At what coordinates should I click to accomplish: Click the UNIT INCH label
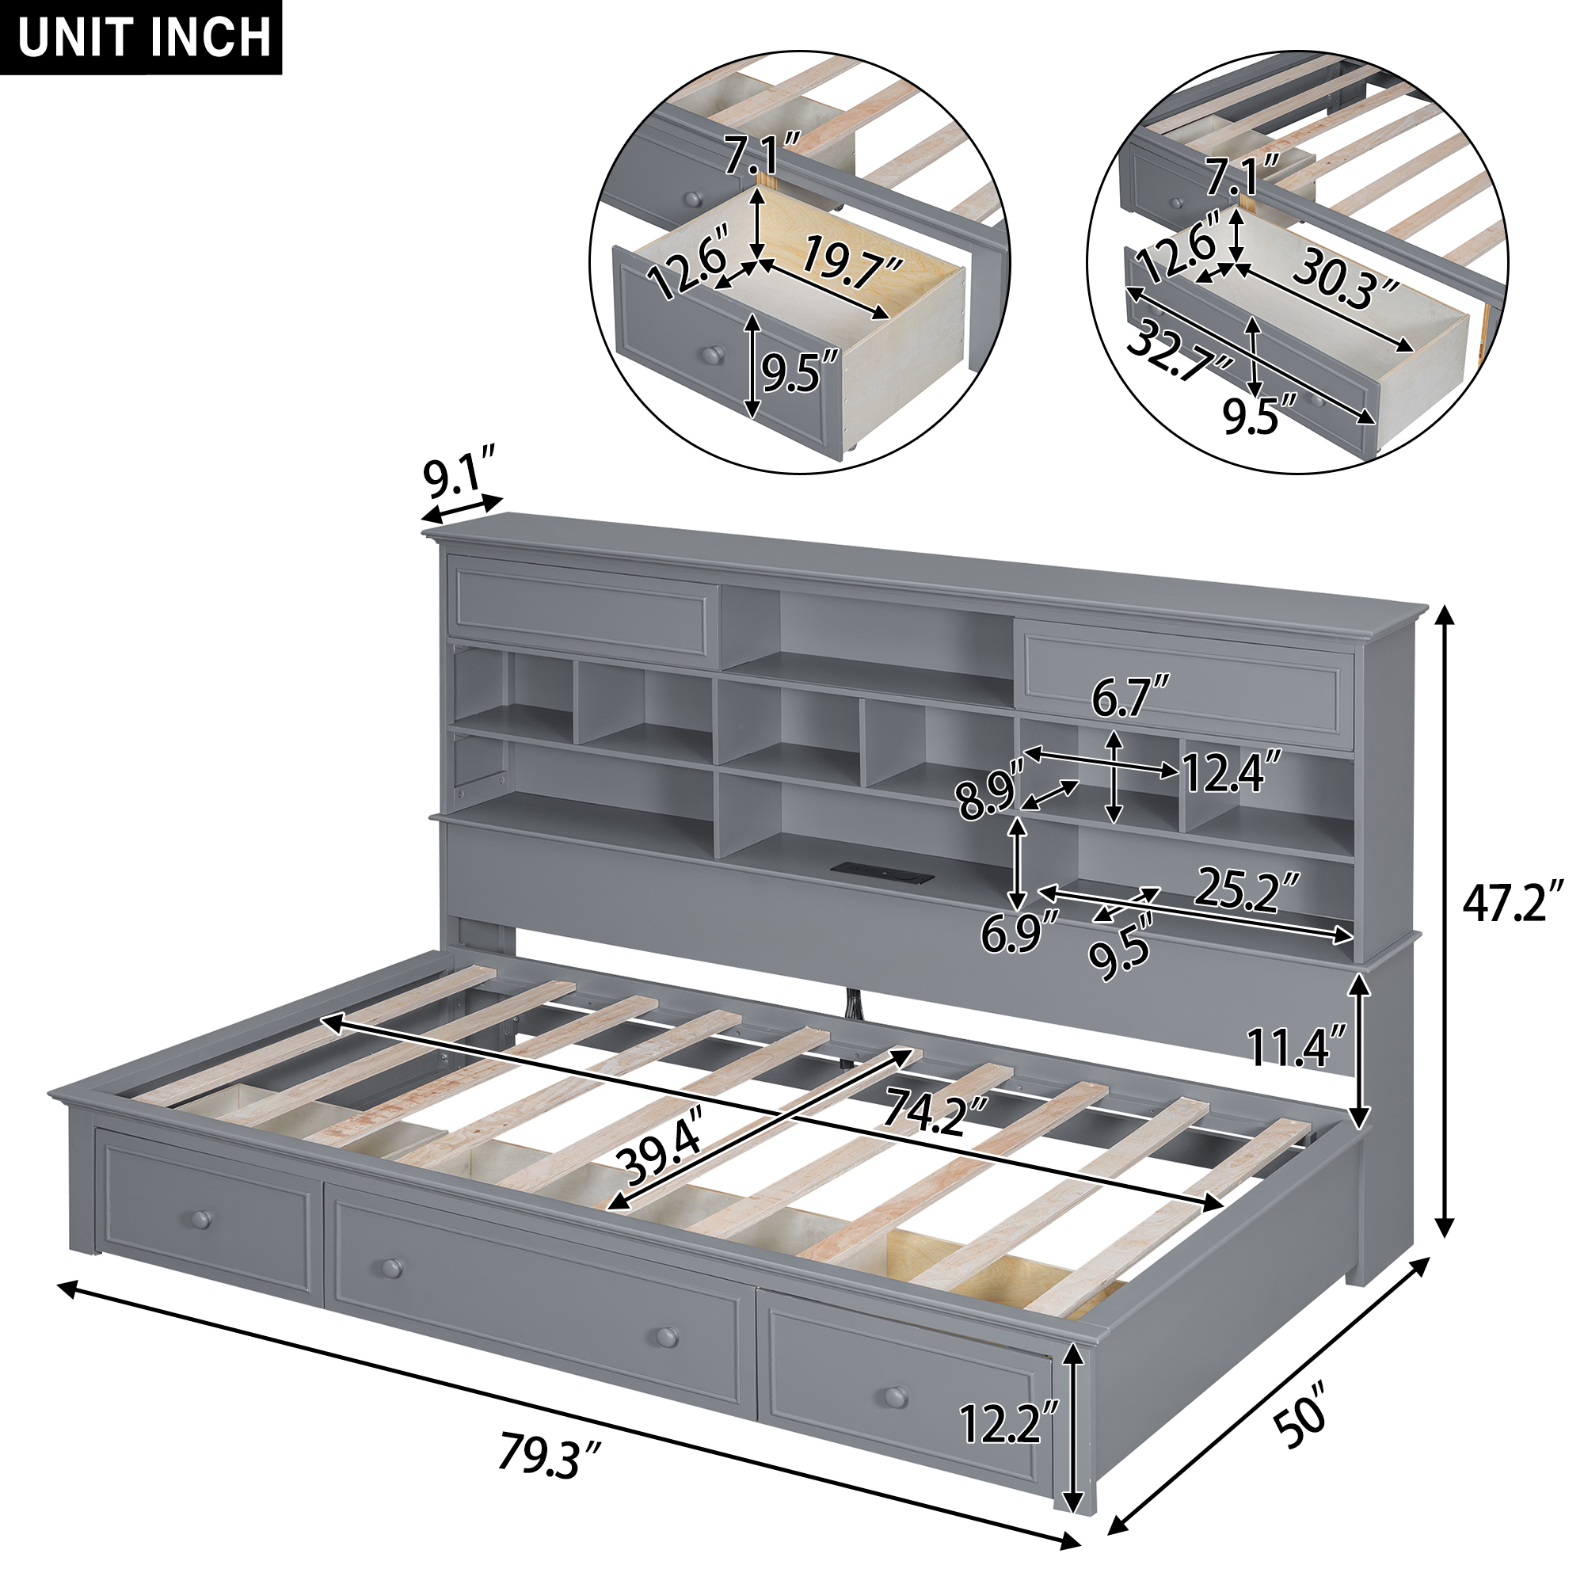(144, 37)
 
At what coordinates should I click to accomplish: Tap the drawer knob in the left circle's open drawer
(711, 354)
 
